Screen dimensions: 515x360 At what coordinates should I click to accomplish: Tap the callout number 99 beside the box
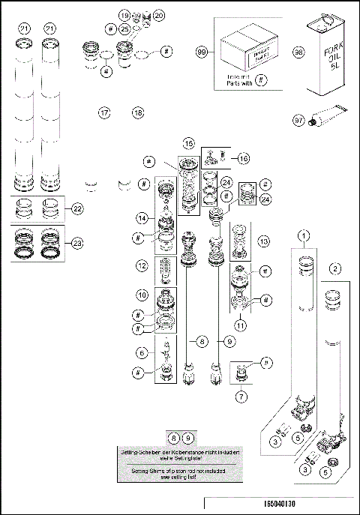point(201,52)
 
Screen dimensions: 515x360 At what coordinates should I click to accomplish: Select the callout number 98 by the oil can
point(298,52)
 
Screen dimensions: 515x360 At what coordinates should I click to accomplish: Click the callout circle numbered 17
point(104,112)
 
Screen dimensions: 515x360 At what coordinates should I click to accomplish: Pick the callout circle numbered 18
point(137,112)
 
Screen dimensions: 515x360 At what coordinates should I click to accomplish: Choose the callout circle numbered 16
point(242,157)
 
